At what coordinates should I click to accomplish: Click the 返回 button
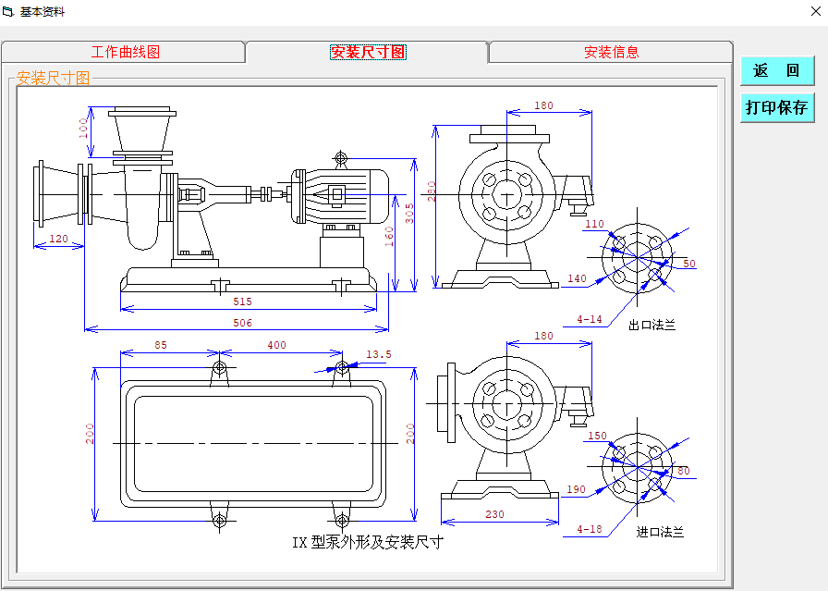pyautogui.click(x=776, y=71)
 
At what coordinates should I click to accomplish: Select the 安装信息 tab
pyautogui.click(x=611, y=53)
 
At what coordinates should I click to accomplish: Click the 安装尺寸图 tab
pyautogui.click(x=368, y=53)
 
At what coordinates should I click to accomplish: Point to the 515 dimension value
pyautogui.click(x=242, y=302)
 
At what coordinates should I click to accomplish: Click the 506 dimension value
pyautogui.click(x=242, y=324)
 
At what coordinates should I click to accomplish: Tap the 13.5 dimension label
pyautogui.click(x=379, y=354)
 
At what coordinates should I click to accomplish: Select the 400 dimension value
pyautogui.click(x=276, y=346)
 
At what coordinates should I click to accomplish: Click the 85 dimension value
pyautogui.click(x=160, y=346)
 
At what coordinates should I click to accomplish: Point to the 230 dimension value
pyautogui.click(x=495, y=514)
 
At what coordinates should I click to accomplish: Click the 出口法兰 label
pyautogui.click(x=652, y=325)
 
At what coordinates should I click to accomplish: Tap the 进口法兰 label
pyautogui.click(x=660, y=533)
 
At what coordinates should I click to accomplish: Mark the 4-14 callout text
pyautogui.click(x=590, y=320)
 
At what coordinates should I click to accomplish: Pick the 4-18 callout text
pyautogui.click(x=590, y=529)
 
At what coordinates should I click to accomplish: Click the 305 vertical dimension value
pyautogui.click(x=409, y=214)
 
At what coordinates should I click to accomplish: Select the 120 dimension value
pyautogui.click(x=58, y=239)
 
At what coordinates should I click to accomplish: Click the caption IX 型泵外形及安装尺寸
pyautogui.click(x=368, y=543)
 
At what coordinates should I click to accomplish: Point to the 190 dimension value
pyautogui.click(x=577, y=490)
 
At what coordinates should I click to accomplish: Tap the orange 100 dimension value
pyautogui.click(x=84, y=125)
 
